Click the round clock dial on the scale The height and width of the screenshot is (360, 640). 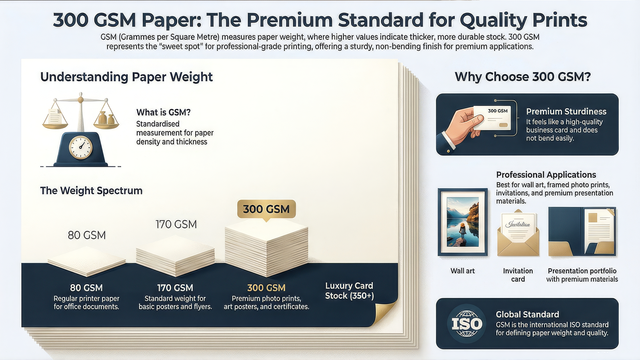click(x=81, y=147)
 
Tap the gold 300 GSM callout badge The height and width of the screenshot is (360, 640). click(x=266, y=210)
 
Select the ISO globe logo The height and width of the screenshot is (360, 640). click(x=466, y=324)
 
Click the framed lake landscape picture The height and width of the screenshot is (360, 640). click(x=462, y=222)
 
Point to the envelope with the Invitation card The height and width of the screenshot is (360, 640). click(x=518, y=233)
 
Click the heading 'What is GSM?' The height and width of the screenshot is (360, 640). click(x=164, y=112)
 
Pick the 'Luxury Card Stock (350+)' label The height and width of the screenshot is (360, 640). click(x=349, y=290)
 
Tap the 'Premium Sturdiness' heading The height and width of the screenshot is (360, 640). click(x=566, y=112)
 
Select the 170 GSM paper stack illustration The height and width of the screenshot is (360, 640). click(x=175, y=256)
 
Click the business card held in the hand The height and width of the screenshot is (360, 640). click(x=492, y=118)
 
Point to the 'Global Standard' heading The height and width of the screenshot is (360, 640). click(x=528, y=314)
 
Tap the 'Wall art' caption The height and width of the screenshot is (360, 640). click(x=462, y=271)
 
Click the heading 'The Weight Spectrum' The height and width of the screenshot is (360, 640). click(x=92, y=190)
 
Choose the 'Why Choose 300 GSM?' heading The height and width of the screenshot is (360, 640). click(x=522, y=77)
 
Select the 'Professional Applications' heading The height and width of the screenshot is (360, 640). click(x=546, y=174)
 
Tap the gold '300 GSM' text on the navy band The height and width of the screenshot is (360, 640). click(x=266, y=288)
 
